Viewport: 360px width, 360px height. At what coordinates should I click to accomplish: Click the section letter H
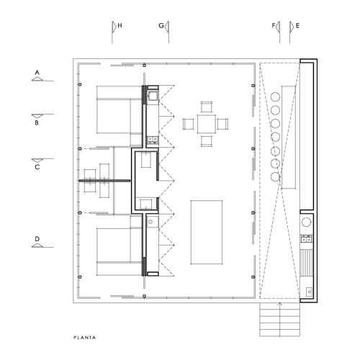point(120,25)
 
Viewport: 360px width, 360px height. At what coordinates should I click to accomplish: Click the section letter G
point(161,25)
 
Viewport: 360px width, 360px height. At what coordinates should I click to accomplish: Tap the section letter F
point(274,25)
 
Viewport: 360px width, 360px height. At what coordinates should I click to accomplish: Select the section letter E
point(297,25)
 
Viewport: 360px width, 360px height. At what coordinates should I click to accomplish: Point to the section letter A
point(37,73)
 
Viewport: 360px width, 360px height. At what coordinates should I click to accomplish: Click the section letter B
point(37,122)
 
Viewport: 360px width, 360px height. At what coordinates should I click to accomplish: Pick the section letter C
point(37,167)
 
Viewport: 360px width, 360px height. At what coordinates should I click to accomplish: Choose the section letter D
point(37,239)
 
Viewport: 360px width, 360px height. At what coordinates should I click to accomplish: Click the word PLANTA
point(85,338)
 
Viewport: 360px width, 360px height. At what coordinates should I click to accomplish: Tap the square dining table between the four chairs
point(207,124)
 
